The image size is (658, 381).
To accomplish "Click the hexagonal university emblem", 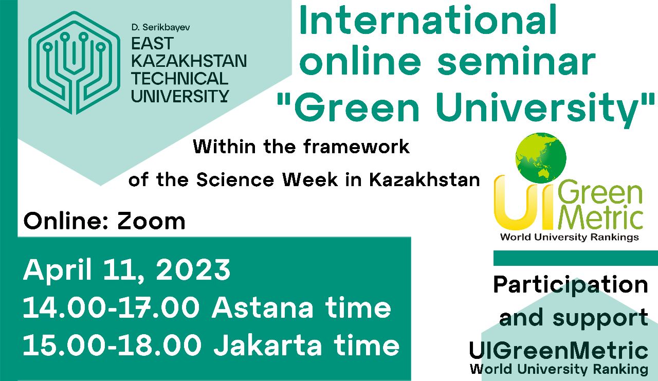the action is (x=75, y=63).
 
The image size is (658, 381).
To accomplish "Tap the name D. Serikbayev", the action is (x=161, y=27).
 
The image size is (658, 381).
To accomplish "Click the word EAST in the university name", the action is (x=153, y=44).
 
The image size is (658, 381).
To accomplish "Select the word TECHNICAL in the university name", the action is (x=180, y=79).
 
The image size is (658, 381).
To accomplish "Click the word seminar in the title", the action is (x=517, y=62).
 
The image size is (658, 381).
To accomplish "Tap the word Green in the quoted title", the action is (x=357, y=108).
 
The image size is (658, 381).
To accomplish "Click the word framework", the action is (x=357, y=147).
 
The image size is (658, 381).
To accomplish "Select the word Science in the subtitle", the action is (x=235, y=179).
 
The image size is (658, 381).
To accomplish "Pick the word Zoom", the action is (x=151, y=221).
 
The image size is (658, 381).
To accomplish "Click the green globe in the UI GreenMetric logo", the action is (x=541, y=158).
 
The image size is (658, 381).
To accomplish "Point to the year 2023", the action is (x=193, y=269).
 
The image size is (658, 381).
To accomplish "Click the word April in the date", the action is (x=58, y=271).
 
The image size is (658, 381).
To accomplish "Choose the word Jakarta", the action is (x=267, y=345).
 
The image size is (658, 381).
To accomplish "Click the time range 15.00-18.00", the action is (x=112, y=345).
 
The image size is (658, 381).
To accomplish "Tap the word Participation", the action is (x=571, y=285).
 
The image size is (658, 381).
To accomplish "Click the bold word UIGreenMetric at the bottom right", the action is (x=558, y=351).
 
